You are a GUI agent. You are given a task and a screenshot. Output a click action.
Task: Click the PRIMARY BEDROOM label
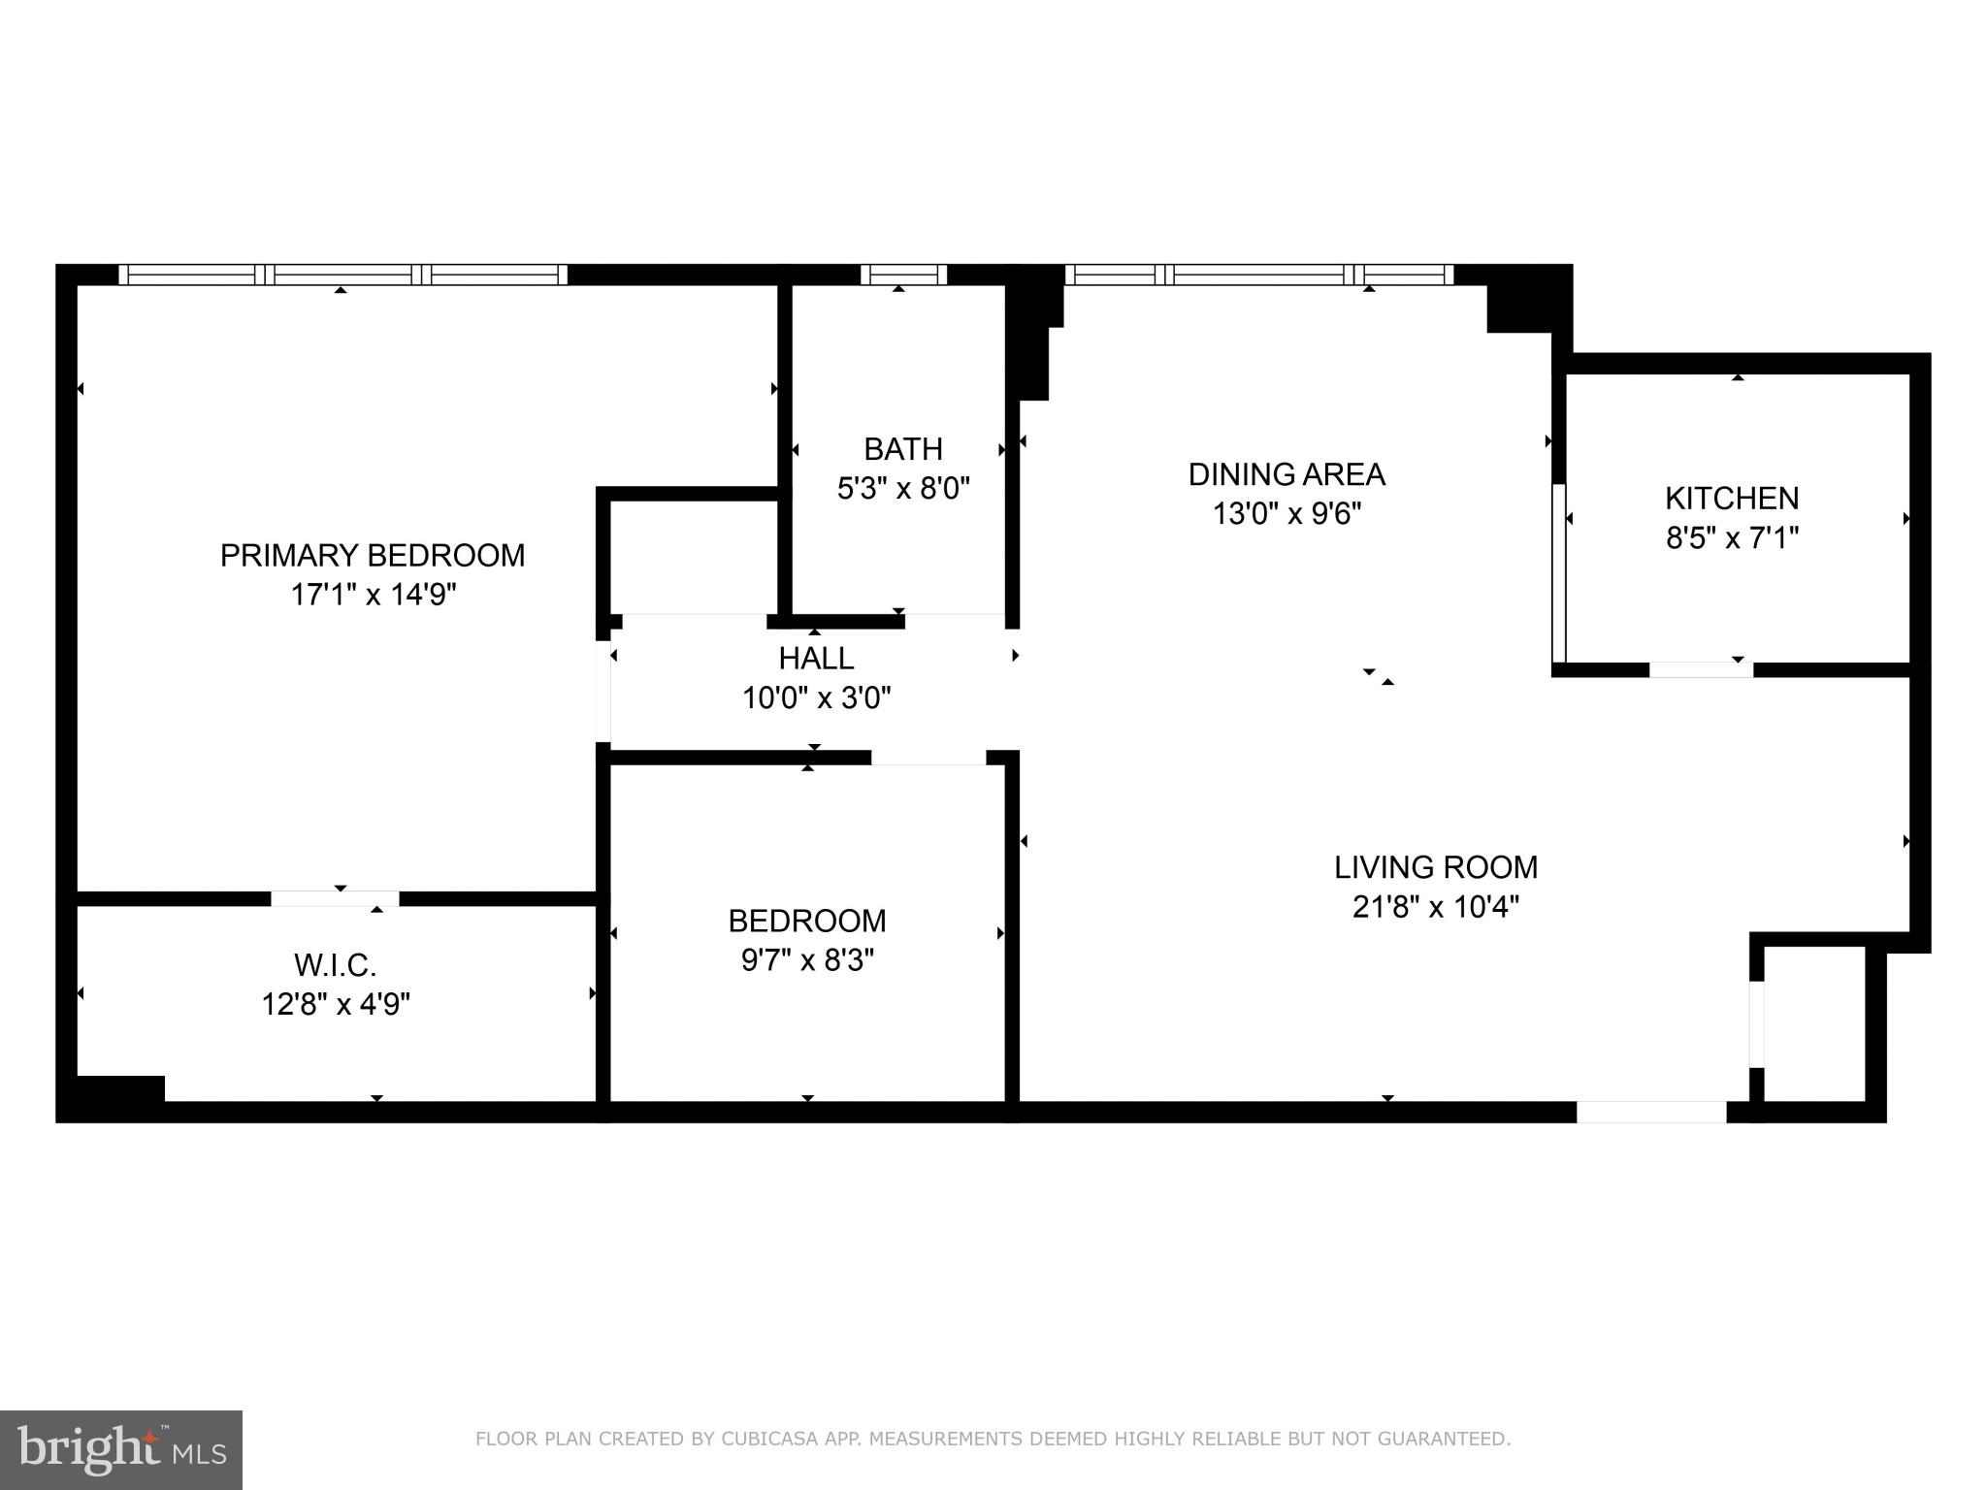tap(373, 555)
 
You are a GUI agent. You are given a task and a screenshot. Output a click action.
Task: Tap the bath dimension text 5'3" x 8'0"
tap(903, 488)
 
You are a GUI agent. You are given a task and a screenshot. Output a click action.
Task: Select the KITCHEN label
tap(1732, 498)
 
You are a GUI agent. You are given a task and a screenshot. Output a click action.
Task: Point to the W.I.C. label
tap(335, 965)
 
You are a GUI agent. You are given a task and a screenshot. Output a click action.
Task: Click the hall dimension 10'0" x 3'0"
tap(816, 697)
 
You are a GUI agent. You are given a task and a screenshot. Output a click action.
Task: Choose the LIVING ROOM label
tap(1435, 866)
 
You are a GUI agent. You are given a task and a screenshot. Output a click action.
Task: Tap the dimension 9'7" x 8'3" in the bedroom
tap(807, 959)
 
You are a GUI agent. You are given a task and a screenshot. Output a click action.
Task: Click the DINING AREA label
tap(1287, 474)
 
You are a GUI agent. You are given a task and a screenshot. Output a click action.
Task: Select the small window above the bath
tap(902, 275)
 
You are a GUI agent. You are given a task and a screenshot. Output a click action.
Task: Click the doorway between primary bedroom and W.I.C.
tap(335, 898)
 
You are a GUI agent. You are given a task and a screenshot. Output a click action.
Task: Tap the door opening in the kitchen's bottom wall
tap(1701, 669)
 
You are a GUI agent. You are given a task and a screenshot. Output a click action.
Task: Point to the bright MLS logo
tap(121, 1449)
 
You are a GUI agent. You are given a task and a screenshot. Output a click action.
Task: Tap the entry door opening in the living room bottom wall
tap(1651, 1112)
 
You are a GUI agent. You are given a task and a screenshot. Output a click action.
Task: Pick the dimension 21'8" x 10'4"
tap(1435, 907)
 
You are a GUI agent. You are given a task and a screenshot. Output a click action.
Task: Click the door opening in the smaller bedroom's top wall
tap(928, 758)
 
